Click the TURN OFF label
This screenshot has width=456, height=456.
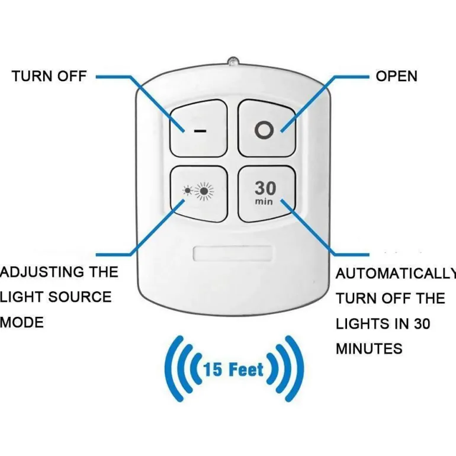coord(49,76)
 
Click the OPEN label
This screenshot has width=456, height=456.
coord(396,76)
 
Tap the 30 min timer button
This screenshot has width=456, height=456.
coord(266,193)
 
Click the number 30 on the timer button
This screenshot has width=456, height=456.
coord(265,188)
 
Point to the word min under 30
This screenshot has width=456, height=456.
coord(264,201)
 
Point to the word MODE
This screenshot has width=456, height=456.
coord(22,323)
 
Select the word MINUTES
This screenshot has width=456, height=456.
coord(369,349)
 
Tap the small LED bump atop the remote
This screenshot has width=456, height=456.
coord(233,60)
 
